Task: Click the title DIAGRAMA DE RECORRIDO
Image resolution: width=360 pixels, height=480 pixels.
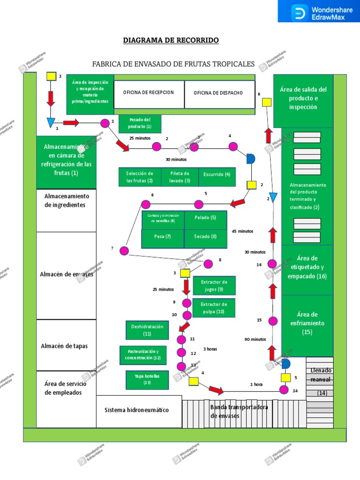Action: pos(171,40)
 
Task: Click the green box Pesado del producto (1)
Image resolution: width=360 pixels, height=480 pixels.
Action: pos(140,124)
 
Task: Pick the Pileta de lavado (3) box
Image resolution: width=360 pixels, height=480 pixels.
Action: pos(180,177)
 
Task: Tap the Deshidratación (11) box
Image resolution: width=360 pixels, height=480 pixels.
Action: pos(147,330)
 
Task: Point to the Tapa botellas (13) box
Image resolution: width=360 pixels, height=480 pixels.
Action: pos(147,379)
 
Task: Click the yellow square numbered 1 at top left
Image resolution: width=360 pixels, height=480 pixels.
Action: pos(51,76)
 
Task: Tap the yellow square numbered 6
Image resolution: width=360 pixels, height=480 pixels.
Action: pos(267,102)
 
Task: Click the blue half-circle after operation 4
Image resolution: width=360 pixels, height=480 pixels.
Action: pos(251,159)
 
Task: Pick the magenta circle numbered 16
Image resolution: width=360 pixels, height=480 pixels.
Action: pos(272,264)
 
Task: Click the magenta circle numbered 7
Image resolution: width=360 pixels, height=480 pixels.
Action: pos(124,251)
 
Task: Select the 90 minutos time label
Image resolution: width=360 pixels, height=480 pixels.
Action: pos(255,339)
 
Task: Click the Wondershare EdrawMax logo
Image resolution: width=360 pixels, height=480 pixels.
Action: pos(319,11)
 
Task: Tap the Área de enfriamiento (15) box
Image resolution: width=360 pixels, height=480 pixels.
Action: pos(307,323)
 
